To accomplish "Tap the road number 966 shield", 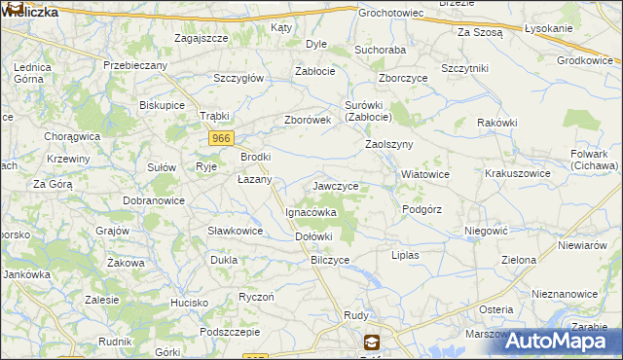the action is point(220,139).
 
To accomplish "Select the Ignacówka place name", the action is point(311,211).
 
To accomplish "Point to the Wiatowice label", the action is point(425,175).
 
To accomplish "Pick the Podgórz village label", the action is point(421,209).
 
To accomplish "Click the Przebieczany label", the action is point(136,65).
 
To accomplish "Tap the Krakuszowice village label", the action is point(518,175).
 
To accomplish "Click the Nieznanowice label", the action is point(565,293).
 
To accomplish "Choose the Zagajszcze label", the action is point(201,38).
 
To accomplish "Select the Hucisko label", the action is point(190,304).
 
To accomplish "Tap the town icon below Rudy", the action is point(371,342).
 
